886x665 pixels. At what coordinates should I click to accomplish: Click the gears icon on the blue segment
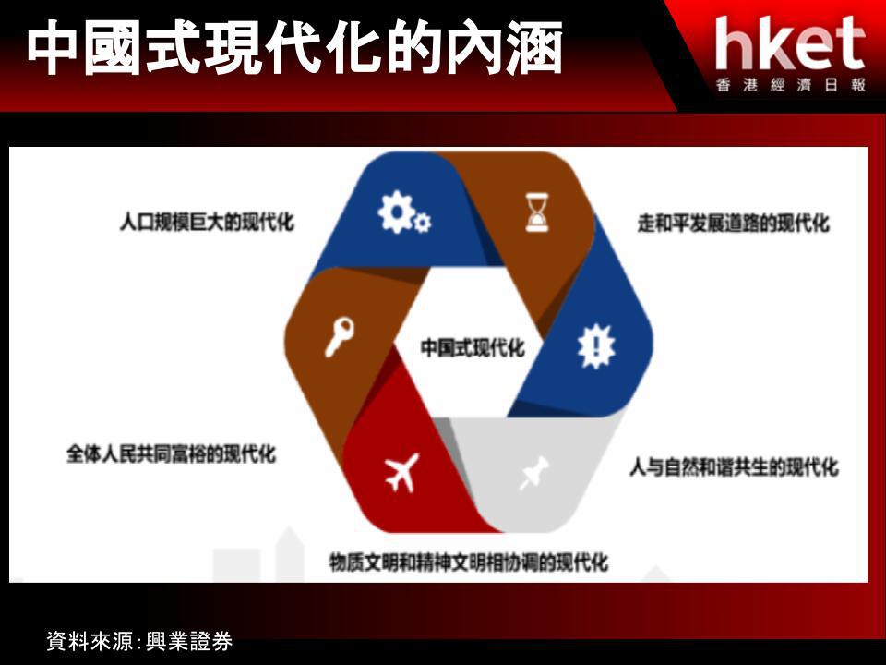pyautogui.click(x=403, y=212)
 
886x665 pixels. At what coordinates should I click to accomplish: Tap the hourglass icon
pyautogui.click(x=537, y=212)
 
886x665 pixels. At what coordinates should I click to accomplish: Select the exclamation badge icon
pyautogui.click(x=596, y=346)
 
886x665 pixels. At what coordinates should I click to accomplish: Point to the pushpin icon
pyautogui.click(x=533, y=473)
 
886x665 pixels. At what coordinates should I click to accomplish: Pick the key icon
pyautogui.click(x=339, y=337)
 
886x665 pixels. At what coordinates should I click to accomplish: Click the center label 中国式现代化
pyautogui.click(x=473, y=347)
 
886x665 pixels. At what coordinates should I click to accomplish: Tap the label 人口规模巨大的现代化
pyautogui.click(x=207, y=222)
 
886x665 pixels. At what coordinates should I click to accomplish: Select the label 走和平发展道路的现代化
pyautogui.click(x=734, y=223)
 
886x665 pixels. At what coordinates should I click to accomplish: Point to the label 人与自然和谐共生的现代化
pyautogui.click(x=734, y=467)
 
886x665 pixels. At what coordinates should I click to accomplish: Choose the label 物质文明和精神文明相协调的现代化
pyautogui.click(x=469, y=562)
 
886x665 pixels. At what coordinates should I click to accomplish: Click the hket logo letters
pyautogui.click(x=789, y=43)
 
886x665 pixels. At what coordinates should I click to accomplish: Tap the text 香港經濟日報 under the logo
pyautogui.click(x=791, y=85)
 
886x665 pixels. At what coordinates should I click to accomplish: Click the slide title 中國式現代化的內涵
pyautogui.click(x=294, y=47)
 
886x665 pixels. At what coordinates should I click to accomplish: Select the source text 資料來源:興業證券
pyautogui.click(x=139, y=641)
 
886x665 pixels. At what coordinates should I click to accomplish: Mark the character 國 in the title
pyautogui.click(x=113, y=47)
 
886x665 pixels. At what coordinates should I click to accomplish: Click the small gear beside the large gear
pyautogui.click(x=422, y=223)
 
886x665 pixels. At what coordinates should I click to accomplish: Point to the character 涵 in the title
pyautogui.click(x=534, y=47)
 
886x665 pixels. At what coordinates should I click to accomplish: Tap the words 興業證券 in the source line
pyautogui.click(x=188, y=641)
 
